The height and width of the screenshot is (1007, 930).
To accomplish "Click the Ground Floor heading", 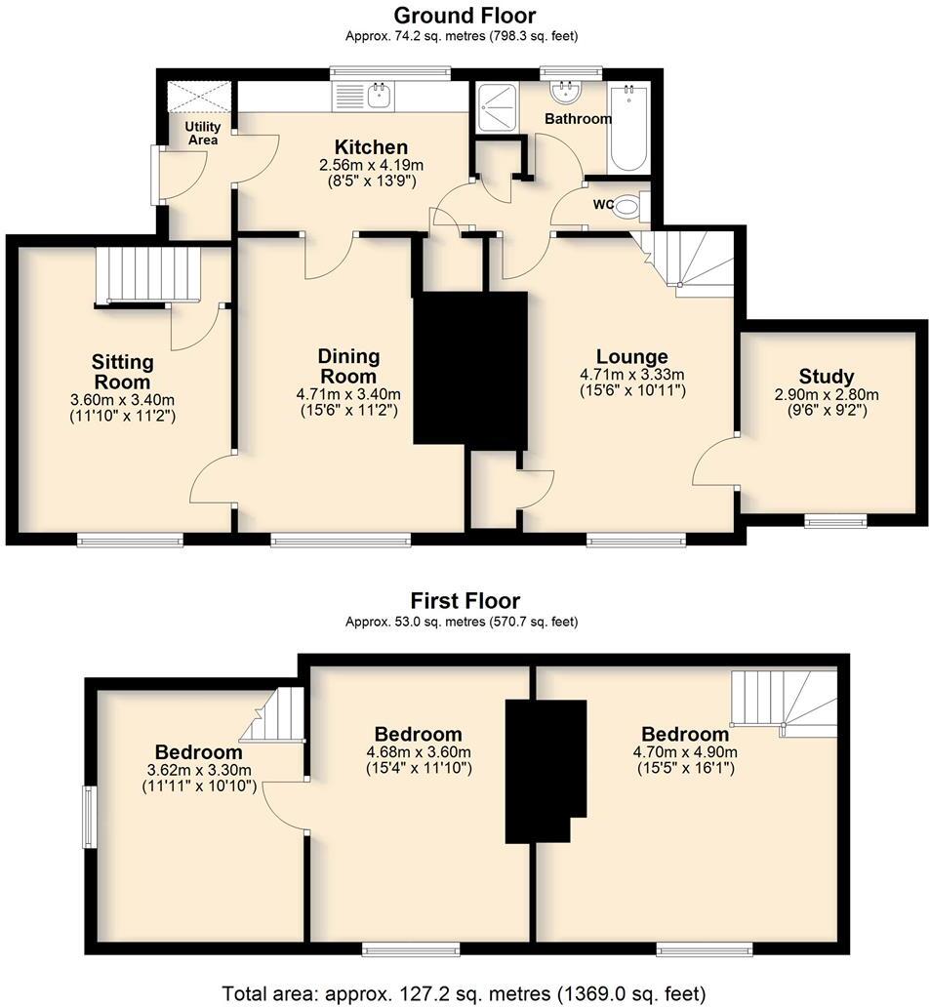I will pos(465,16).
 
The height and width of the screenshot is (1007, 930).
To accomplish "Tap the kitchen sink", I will pos(377,96).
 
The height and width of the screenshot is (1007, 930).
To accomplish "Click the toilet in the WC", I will pos(630,206).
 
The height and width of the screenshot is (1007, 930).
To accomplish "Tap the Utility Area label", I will pos(203,134).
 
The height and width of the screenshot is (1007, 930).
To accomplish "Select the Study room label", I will pos(826,377).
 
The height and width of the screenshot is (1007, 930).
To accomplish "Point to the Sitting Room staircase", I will pos(148,274).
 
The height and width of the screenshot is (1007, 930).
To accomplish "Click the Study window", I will pos(836,520).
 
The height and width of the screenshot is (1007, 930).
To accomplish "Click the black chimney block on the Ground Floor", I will pos(470,371).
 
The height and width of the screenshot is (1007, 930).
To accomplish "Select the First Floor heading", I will pos(465,601).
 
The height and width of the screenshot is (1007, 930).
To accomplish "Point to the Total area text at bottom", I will pos(465,994).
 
